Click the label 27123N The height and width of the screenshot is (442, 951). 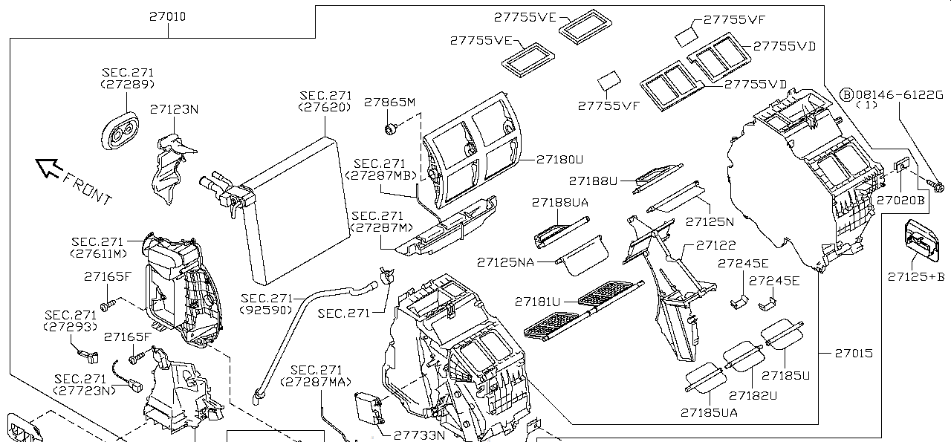tap(175, 109)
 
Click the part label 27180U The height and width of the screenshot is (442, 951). tap(559, 159)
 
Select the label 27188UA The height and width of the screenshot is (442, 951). tap(560, 202)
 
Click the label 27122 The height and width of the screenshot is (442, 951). tap(715, 245)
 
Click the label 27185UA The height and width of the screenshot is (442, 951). tap(709, 413)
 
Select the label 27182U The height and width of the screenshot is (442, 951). tap(753, 395)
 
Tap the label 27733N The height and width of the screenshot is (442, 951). tap(419, 436)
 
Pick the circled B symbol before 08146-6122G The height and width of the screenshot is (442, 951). tap(846, 94)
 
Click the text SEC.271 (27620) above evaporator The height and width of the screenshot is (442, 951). tap(325, 101)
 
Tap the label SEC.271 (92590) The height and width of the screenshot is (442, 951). tap(267, 304)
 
